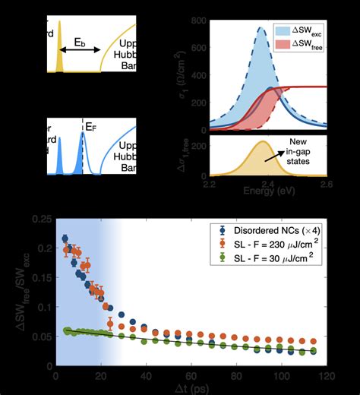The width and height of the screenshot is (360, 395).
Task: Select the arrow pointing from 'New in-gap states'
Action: tap(292, 163)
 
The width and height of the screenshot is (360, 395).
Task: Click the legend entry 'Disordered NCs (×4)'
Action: tap(284, 231)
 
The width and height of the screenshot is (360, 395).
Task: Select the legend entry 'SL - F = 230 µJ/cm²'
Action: tap(284, 245)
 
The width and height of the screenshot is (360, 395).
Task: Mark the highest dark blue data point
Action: tap(65, 239)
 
